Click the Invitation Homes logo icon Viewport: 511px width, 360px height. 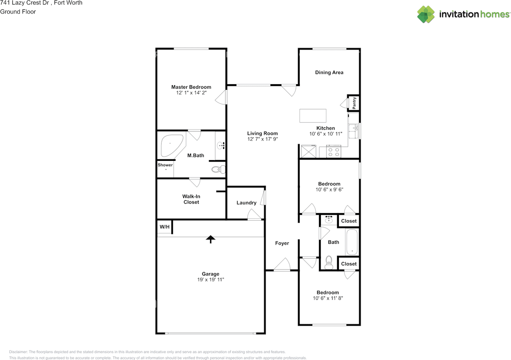(426, 14)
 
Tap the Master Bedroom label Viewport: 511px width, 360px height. (191, 87)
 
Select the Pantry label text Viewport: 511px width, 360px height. (354, 103)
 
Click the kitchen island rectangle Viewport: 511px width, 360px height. (313, 116)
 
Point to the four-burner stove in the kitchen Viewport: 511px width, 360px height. (333, 151)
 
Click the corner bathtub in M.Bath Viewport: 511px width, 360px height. (172, 145)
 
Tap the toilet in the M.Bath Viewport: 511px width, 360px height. (218, 170)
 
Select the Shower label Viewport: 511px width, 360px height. (165, 165)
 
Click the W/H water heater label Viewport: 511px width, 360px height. (164, 227)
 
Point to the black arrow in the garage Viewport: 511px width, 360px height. (210, 239)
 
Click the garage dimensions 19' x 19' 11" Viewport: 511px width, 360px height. (210, 279)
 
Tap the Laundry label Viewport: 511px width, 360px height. (246, 203)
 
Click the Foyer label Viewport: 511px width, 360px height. (282, 243)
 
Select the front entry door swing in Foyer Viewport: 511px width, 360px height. (283, 265)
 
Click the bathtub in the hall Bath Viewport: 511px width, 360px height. (352, 242)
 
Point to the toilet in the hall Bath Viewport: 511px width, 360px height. (329, 262)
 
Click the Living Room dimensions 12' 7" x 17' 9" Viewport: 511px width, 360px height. (263, 139)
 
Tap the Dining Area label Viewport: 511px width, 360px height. (329, 72)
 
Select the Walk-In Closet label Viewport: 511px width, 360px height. (191, 199)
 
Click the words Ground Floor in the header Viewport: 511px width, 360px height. (18, 12)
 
